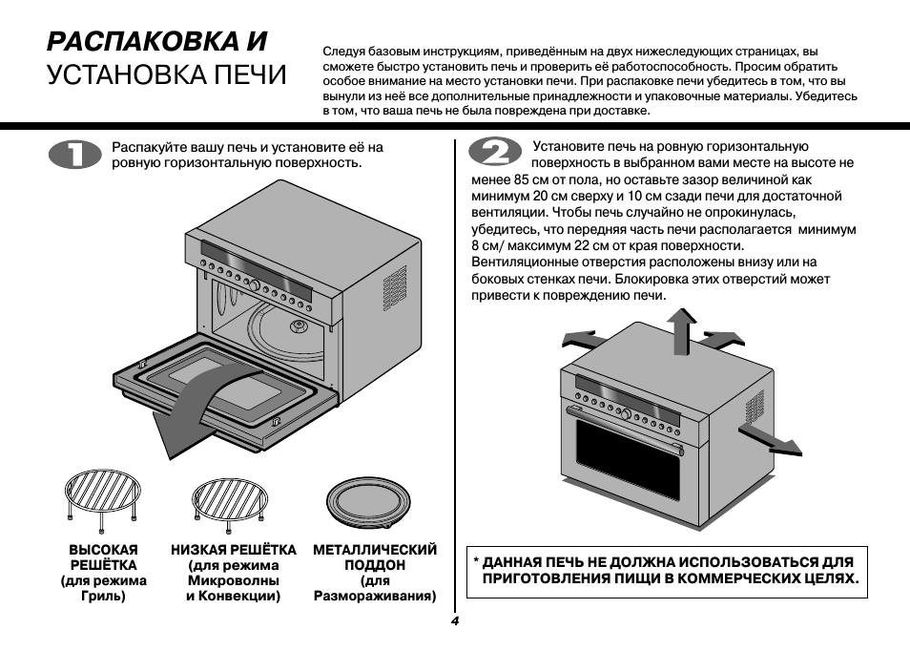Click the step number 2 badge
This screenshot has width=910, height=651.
point(494,156)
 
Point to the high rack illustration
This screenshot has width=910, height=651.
point(102,497)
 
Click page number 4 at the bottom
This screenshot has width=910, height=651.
point(455,621)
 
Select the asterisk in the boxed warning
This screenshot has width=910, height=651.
point(477,561)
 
